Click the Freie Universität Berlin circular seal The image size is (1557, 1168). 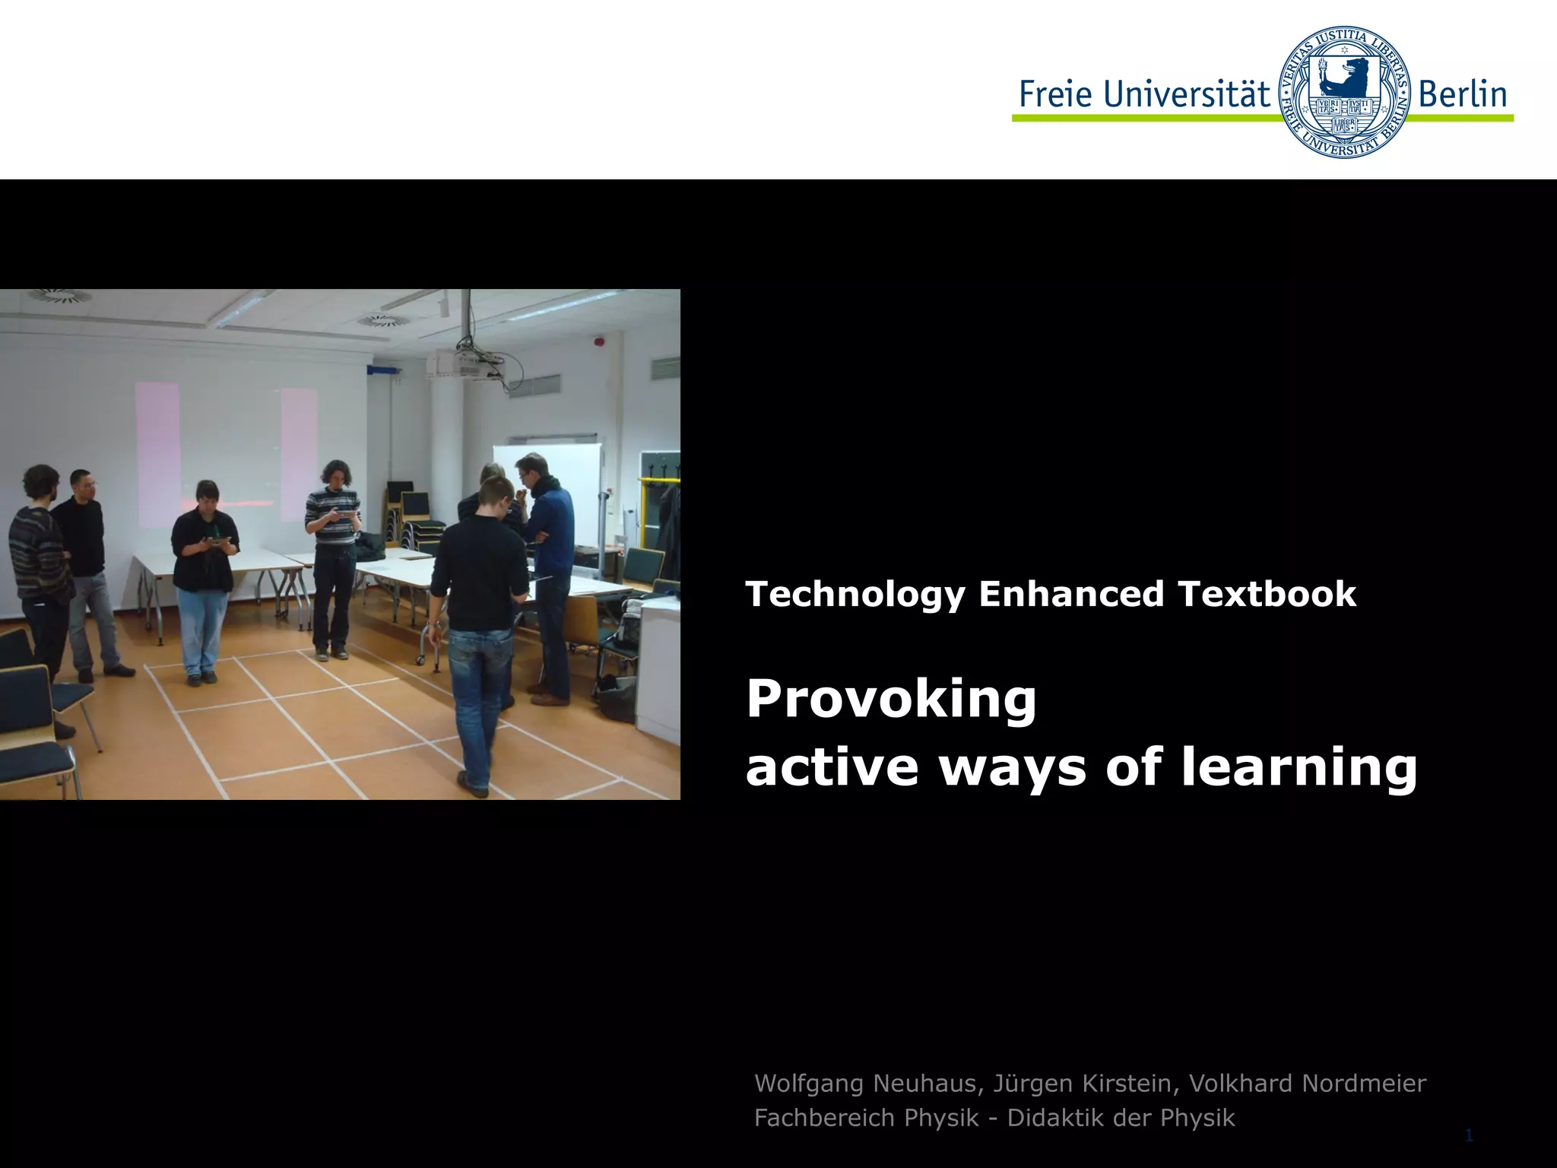(1344, 92)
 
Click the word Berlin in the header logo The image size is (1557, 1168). (1463, 94)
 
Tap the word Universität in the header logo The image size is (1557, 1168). (1187, 94)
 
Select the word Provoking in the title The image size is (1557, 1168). (891, 700)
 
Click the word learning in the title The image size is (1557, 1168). (1299, 768)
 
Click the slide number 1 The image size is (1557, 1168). (1468, 1136)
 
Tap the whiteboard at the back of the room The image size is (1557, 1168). (547, 487)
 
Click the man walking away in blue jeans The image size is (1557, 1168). (477, 631)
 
